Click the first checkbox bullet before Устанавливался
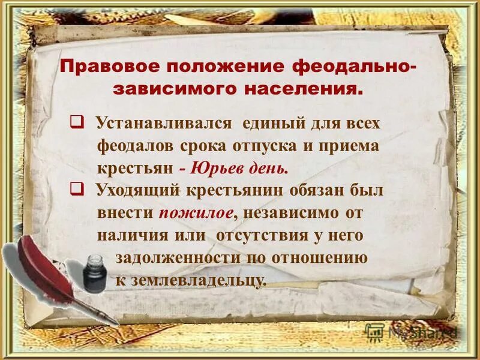pyautogui.click(x=76, y=122)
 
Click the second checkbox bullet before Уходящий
pyautogui.click(x=76, y=190)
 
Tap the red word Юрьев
pyautogui.click(x=220, y=168)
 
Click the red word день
pyautogui.click(x=270, y=168)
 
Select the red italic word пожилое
pyautogui.click(x=193, y=213)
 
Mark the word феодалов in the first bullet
pyautogui.click(x=134, y=146)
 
